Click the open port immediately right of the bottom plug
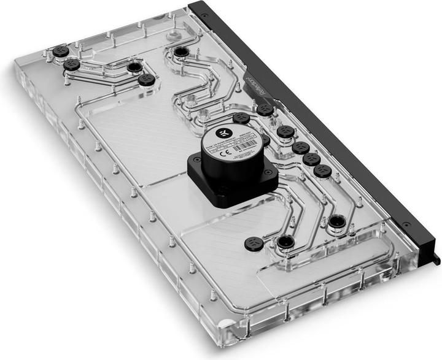coord(284,242)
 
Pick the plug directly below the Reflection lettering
coord(265,110)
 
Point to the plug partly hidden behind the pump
coord(265,140)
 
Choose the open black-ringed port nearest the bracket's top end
coord(181,52)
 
